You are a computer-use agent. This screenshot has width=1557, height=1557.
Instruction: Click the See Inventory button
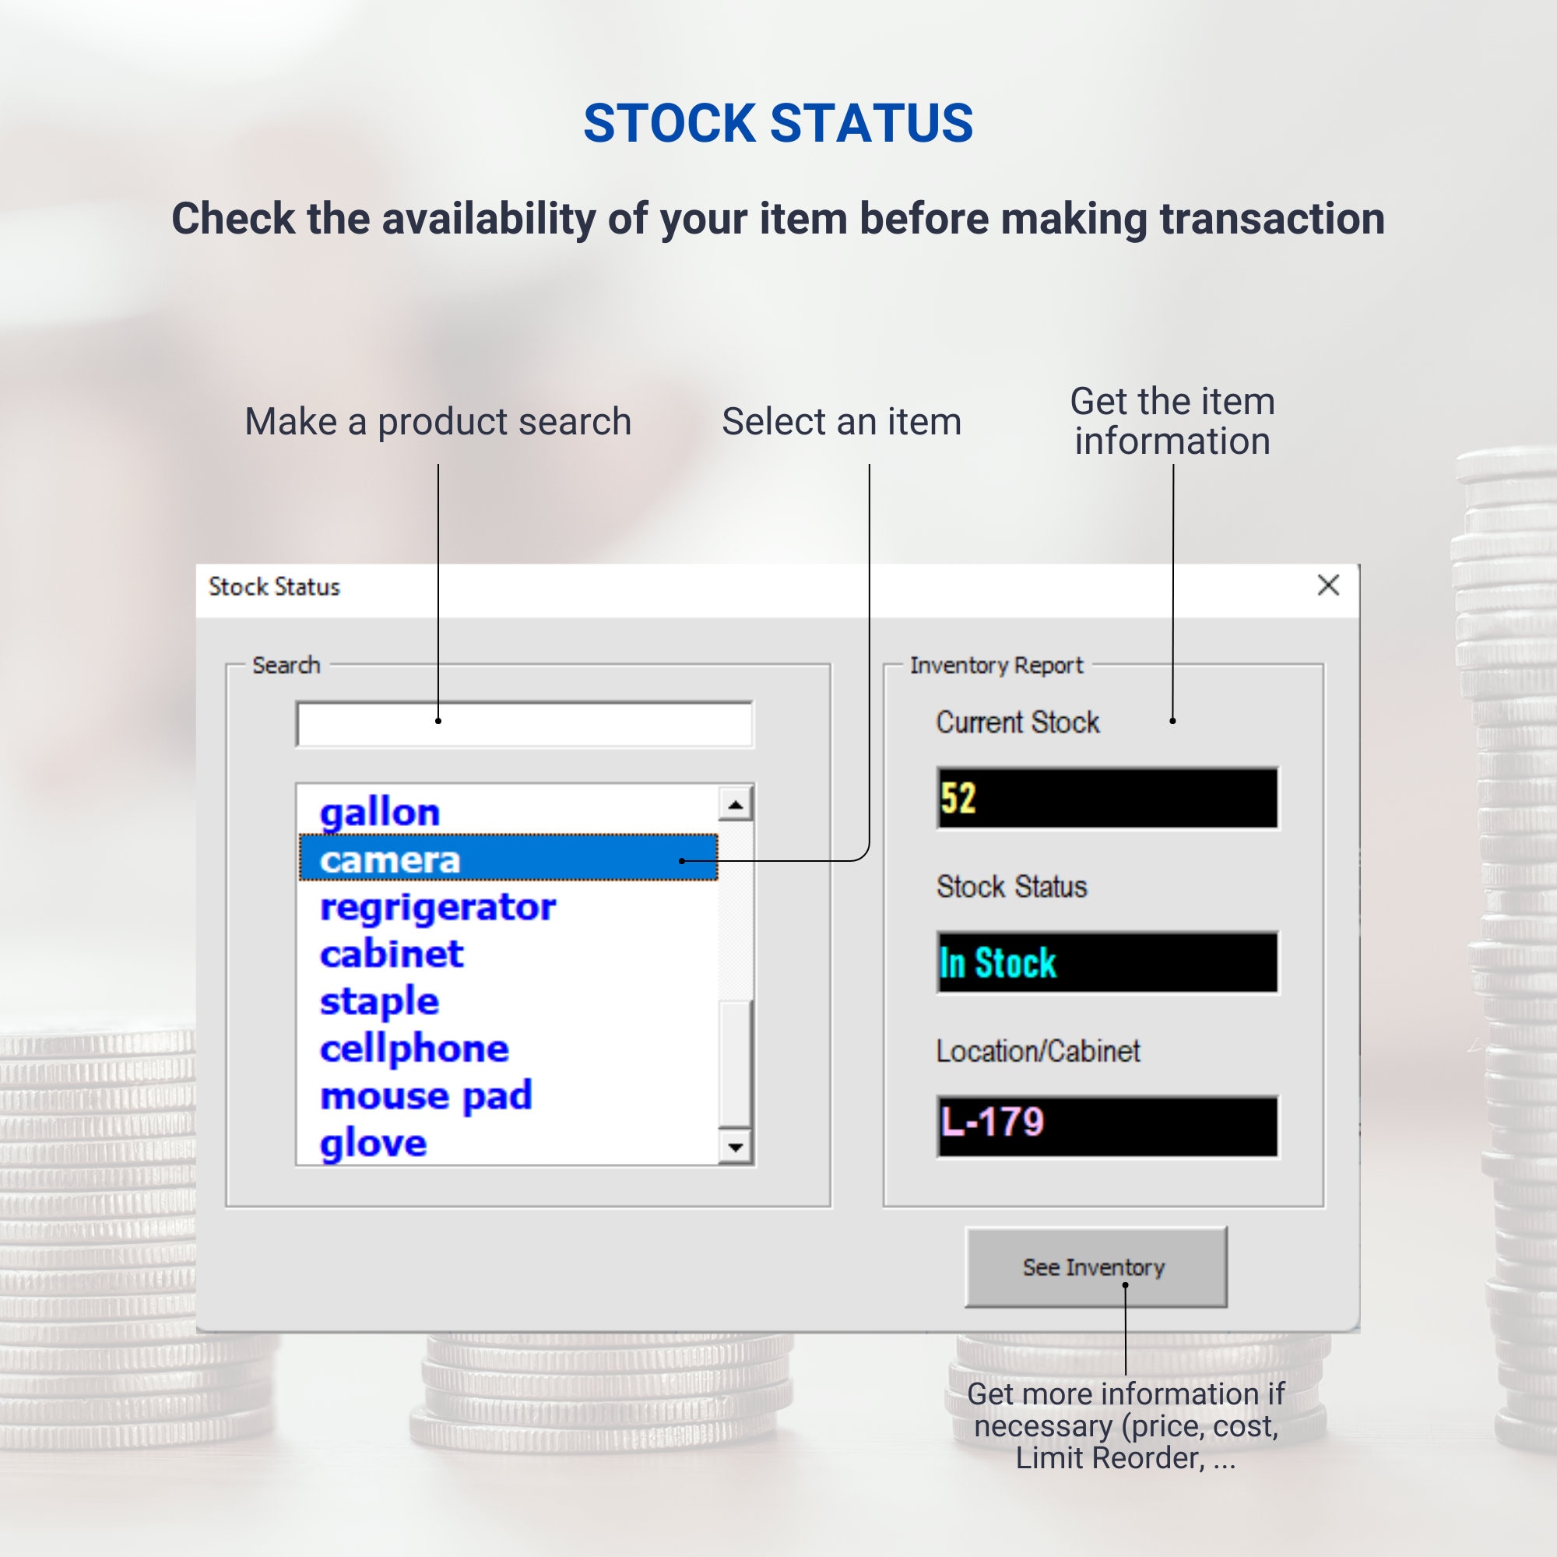coord(1095,1267)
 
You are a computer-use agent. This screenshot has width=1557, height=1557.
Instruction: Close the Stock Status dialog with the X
coord(1328,585)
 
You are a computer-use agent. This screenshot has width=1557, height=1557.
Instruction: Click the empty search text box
coord(525,725)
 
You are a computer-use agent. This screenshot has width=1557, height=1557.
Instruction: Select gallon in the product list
coord(381,811)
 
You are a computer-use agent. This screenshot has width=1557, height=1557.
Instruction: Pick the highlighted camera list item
coord(390,859)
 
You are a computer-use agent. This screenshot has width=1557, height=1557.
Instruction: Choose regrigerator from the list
coord(438,907)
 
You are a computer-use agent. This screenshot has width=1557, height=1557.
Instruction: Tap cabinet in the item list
coord(392,954)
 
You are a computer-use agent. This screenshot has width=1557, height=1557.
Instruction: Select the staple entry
coord(380,1002)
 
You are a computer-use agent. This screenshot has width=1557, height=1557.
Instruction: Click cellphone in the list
coord(414,1049)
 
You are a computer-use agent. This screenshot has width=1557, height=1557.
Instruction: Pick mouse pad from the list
coord(427,1096)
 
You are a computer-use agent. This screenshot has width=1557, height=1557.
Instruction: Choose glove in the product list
coord(373,1143)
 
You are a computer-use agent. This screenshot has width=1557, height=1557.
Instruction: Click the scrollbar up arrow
coord(735,804)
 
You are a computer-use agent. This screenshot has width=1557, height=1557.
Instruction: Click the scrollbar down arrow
coord(735,1147)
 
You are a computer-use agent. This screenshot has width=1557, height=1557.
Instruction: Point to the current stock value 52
coord(958,798)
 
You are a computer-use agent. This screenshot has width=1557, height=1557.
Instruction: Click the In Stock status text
coord(998,962)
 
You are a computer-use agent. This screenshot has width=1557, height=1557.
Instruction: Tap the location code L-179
coord(992,1122)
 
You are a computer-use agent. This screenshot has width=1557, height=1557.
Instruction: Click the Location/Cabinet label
coord(1038,1051)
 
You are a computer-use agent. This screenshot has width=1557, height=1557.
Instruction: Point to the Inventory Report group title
coord(996,666)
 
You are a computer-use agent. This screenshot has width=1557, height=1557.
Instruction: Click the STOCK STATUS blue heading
coord(778,123)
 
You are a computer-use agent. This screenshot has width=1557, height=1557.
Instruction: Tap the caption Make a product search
coord(438,421)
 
